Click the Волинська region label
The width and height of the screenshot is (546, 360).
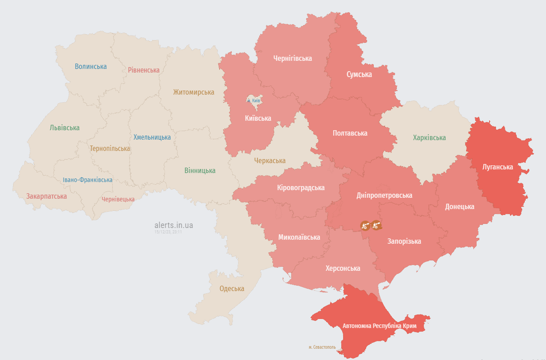(91, 67)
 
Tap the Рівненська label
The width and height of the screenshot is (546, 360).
(143, 70)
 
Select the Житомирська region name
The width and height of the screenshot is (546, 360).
(193, 92)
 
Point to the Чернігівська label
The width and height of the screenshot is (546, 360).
(293, 58)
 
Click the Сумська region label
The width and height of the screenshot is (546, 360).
(359, 74)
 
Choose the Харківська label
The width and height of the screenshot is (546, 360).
(429, 138)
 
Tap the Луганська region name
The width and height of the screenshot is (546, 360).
(497, 167)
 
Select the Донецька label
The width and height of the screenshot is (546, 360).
(459, 207)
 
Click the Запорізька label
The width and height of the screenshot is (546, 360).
(404, 242)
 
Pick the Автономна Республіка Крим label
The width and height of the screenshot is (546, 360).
(379, 326)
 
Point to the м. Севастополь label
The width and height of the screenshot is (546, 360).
(322, 347)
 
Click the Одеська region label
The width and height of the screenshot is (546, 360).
(232, 289)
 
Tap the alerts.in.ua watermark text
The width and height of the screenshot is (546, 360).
(174, 225)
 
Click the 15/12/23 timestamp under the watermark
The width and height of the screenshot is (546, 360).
(168, 232)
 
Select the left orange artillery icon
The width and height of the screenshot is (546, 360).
(365, 225)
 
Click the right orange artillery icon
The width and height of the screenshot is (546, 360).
(376, 224)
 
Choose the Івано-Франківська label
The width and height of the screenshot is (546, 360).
(87, 180)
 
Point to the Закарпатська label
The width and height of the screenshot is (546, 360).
(46, 196)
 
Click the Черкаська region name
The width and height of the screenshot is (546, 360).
(270, 161)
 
